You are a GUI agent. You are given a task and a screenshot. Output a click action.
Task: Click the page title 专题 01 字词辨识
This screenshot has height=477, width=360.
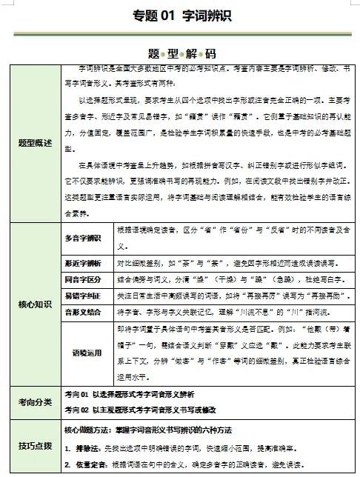tap(181, 17)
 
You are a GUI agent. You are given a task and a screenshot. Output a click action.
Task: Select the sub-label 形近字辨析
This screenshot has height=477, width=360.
tap(83, 262)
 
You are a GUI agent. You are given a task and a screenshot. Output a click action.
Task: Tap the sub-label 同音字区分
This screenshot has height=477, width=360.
tap(83, 279)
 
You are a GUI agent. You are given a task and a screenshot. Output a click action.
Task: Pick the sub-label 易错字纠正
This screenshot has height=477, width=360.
tap(83, 296)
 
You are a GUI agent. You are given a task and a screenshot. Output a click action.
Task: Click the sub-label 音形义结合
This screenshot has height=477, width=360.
tap(83, 313)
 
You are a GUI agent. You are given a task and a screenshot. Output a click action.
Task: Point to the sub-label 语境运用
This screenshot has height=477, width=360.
tap(83, 353)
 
